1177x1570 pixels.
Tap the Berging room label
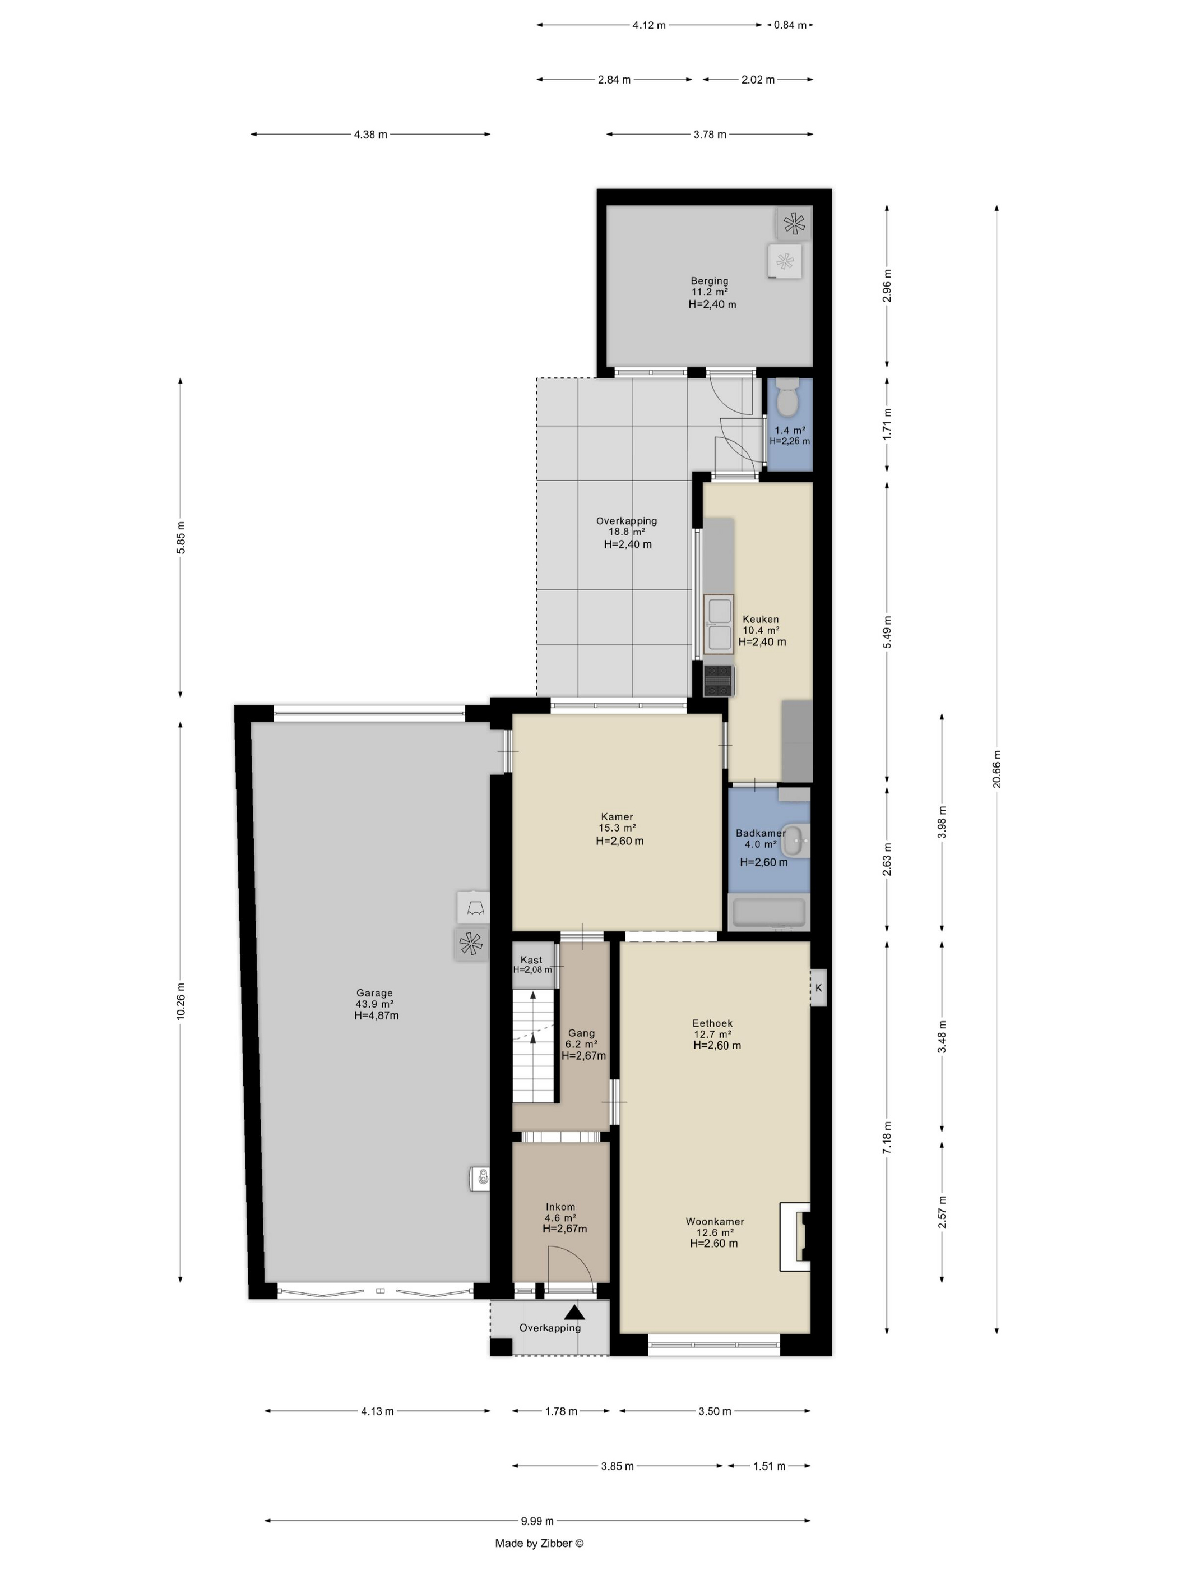point(710,281)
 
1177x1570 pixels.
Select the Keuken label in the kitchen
point(761,619)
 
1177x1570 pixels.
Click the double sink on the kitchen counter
point(718,625)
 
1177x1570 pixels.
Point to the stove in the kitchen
point(719,680)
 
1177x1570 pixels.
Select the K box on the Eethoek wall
point(818,987)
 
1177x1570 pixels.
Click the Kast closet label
point(531,959)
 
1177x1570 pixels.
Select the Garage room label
point(374,993)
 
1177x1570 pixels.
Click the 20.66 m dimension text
point(996,769)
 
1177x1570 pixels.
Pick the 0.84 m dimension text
point(790,25)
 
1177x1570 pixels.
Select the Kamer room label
point(617,816)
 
